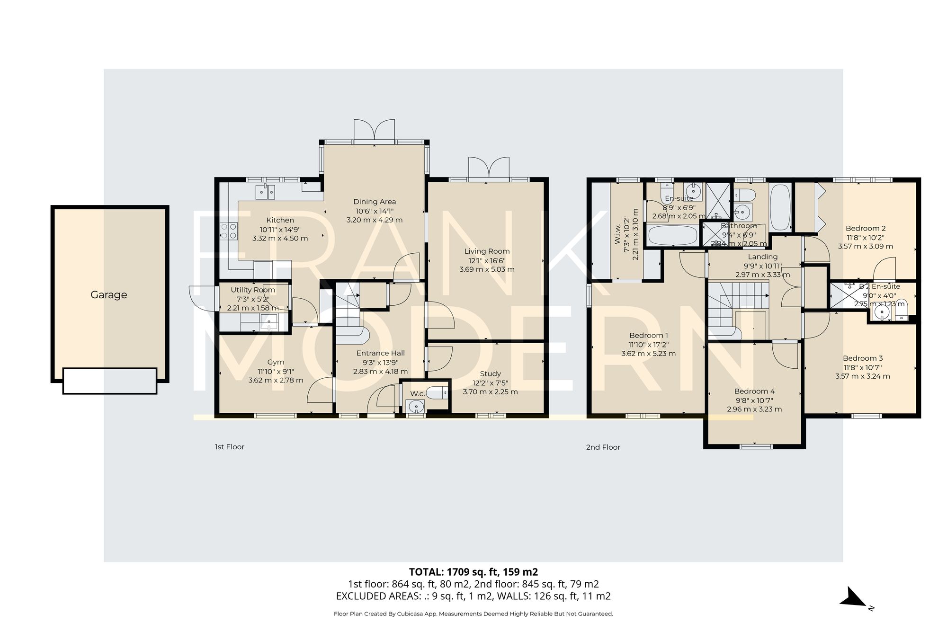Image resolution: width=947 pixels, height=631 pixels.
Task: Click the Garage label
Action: tap(108, 294)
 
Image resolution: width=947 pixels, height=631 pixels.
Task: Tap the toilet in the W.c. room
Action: tap(436, 392)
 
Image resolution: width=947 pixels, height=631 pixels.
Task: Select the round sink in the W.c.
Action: tap(416, 406)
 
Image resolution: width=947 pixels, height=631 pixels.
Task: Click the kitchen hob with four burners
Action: tap(229, 231)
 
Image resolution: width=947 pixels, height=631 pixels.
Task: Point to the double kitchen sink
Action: tap(266, 192)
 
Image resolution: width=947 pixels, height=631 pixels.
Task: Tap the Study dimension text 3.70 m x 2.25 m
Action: tap(490, 392)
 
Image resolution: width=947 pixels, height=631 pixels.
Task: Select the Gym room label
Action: tap(276, 362)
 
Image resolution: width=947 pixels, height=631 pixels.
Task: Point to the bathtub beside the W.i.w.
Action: tap(672, 235)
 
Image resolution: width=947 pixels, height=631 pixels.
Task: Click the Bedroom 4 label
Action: tap(754, 391)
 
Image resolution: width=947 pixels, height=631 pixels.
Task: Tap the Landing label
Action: tap(763, 257)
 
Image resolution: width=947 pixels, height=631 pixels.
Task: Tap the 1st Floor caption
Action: tap(230, 447)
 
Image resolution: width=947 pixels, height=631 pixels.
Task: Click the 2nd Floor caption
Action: tap(603, 447)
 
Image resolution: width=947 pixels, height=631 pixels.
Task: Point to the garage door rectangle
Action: tap(110, 381)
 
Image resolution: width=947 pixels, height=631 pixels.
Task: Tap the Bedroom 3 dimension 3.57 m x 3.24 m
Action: tap(862, 376)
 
